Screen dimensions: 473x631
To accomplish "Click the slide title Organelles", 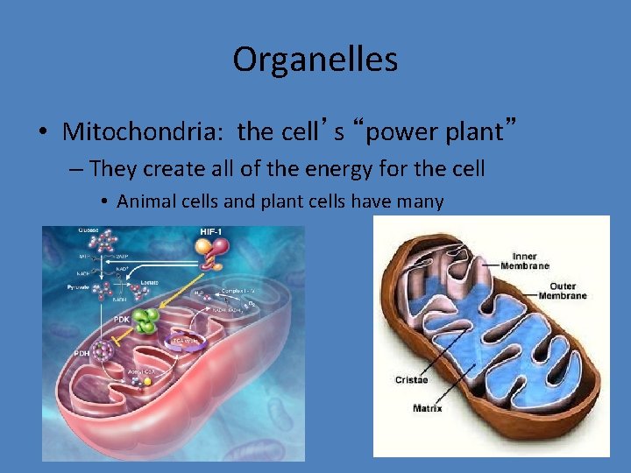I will click(x=315, y=60).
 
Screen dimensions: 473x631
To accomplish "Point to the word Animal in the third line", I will click(x=145, y=201).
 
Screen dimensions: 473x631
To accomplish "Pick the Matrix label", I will click(x=428, y=408).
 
